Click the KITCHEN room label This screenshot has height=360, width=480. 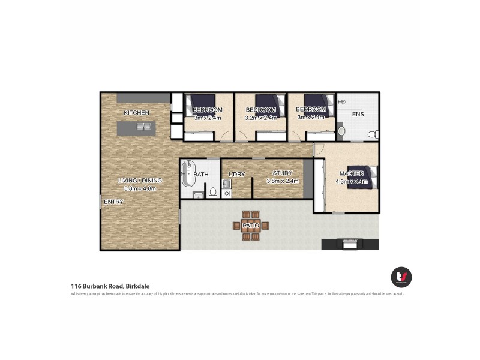136,113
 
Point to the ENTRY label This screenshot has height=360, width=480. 113,202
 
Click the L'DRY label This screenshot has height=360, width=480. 237,175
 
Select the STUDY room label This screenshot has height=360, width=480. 282,173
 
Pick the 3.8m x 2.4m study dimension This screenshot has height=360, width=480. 283,181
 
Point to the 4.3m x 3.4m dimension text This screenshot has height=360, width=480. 351,181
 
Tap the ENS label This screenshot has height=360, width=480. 358,114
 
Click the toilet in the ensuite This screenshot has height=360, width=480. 372,133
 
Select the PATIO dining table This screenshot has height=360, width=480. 250,226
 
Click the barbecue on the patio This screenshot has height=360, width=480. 350,243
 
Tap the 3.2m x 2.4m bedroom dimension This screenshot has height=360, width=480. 261,118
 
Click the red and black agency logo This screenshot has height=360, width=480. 401,277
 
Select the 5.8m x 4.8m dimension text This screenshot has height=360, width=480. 140,188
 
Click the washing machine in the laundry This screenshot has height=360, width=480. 227,193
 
